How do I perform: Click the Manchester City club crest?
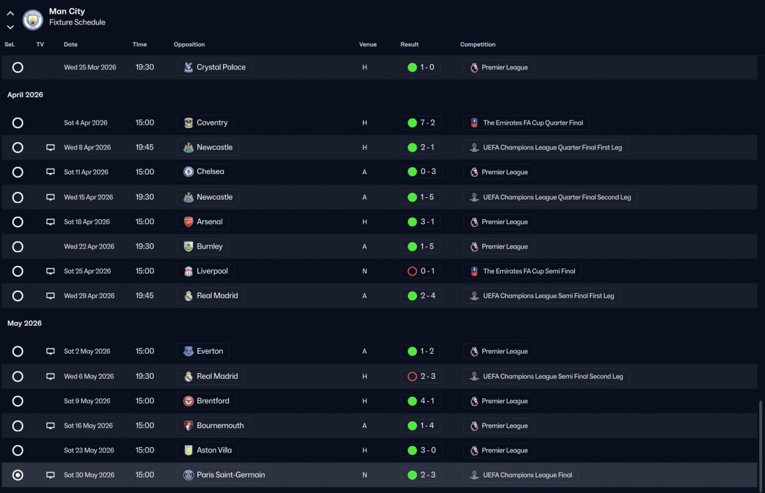[33, 20]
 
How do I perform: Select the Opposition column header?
[189, 44]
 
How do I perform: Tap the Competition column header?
[478, 44]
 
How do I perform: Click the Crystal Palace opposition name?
[221, 68]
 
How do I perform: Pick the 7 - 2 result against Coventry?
[427, 123]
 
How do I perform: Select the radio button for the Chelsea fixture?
[18, 172]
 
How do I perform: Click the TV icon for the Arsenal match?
[51, 222]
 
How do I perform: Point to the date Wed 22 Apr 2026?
[89, 246]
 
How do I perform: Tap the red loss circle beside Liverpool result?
[412, 271]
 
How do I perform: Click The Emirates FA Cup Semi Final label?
[529, 271]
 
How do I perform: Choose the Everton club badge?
[188, 351]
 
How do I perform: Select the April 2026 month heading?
[25, 94]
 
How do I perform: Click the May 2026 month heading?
[25, 323]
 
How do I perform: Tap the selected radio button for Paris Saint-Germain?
[18, 475]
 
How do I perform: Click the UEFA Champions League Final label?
[527, 475]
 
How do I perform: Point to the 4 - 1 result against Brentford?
[427, 401]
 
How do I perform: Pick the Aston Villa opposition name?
[214, 451]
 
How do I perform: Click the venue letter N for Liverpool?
[365, 271]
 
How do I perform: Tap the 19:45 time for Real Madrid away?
[145, 296]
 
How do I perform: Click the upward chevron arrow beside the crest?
[10, 14]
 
